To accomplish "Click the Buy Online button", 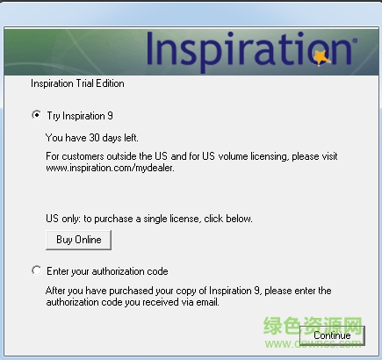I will pos(78,240).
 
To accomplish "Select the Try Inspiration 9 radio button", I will pos(35,115).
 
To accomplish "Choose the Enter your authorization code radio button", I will pos(35,271).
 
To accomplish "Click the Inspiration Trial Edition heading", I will pos(77,84).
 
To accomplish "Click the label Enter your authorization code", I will pos(107,271).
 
